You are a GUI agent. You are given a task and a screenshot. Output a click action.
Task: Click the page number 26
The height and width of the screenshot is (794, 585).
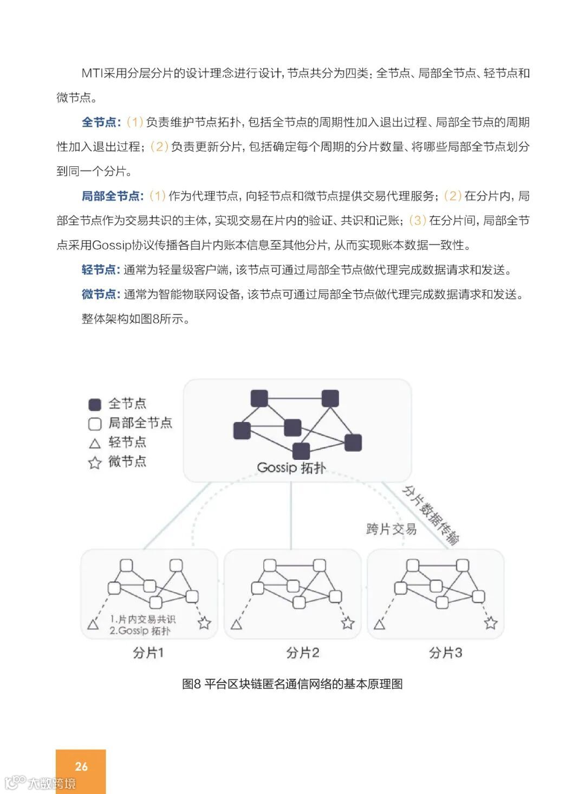coord(81,766)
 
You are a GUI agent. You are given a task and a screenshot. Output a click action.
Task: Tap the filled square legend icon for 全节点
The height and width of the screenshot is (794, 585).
coord(95,404)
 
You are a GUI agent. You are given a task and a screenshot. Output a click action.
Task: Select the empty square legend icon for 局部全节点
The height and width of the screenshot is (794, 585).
coord(95,424)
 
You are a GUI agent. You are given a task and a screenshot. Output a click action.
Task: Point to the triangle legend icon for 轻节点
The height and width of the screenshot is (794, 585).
coord(95,444)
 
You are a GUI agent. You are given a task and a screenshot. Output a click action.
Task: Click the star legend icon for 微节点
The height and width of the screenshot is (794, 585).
coord(95,463)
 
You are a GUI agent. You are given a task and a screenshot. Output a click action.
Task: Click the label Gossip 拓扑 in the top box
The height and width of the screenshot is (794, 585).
coord(291,467)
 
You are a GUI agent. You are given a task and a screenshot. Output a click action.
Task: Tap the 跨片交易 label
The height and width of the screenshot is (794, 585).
coord(391,529)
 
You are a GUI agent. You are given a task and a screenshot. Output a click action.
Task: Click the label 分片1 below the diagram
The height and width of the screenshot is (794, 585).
coord(148,653)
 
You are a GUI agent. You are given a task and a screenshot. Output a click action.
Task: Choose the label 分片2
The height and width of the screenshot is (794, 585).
coord(302,653)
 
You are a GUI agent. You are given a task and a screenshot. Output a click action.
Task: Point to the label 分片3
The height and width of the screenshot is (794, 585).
coord(445,653)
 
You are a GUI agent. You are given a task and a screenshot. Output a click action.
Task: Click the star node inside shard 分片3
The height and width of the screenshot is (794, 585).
coord(491,623)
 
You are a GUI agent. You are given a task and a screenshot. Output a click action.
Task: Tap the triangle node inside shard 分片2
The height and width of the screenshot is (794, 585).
coord(236,625)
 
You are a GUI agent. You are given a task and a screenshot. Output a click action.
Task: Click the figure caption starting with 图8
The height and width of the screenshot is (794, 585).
coord(292,684)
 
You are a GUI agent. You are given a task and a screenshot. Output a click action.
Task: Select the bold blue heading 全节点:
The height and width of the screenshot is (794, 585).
coord(101,122)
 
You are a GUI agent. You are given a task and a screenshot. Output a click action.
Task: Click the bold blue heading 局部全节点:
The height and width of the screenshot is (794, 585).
coord(113,196)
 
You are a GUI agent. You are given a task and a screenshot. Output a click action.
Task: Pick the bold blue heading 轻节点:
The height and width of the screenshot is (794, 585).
coord(101,270)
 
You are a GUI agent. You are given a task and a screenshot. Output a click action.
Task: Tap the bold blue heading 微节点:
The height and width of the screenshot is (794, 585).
coord(101,294)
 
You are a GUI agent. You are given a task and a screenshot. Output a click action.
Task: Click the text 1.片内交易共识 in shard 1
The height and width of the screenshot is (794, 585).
coord(142,619)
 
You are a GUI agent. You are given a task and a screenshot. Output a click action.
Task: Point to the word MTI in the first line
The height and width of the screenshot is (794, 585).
coord(92,73)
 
